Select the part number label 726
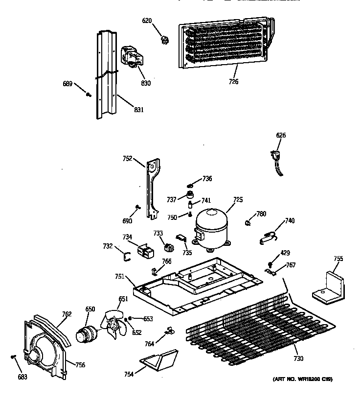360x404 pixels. (233, 81)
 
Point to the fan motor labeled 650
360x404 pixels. (87, 334)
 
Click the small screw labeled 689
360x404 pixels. (88, 95)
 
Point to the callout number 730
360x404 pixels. (298, 358)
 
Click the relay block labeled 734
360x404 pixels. (144, 251)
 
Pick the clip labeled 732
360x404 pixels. (125, 254)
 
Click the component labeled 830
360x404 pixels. (131, 58)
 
